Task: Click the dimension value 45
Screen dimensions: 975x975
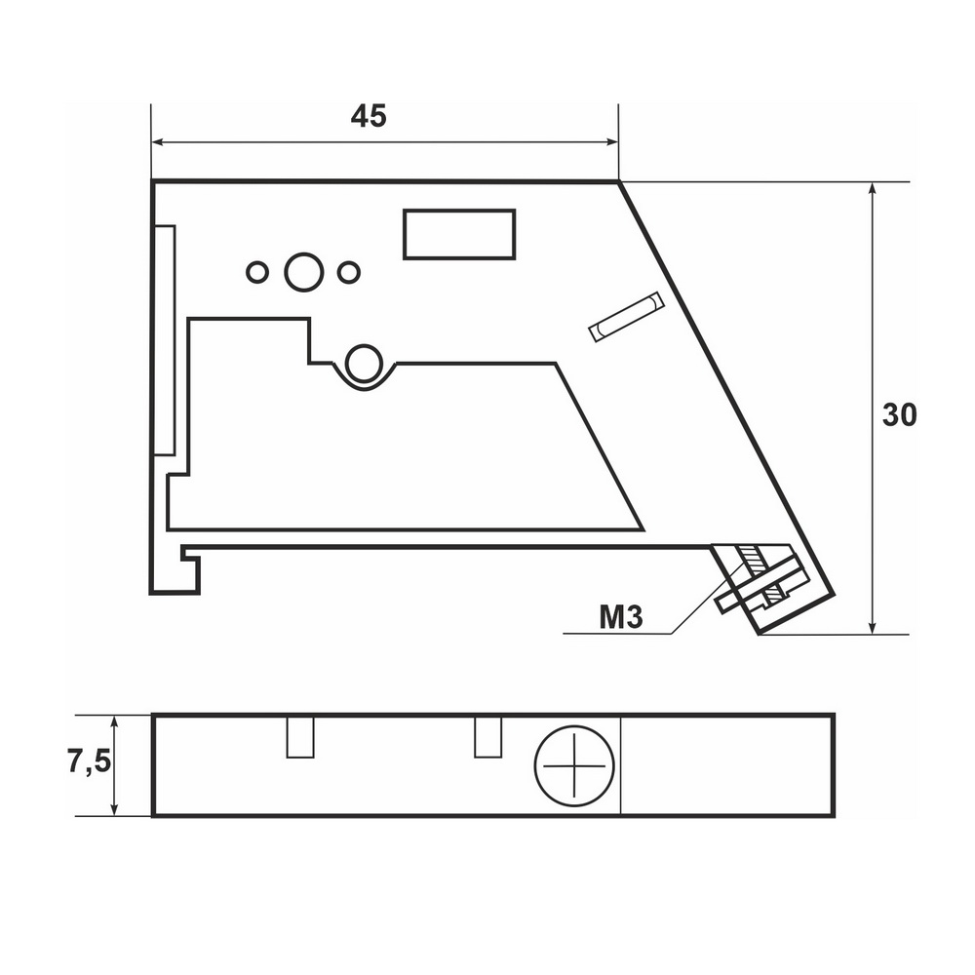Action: coord(369,116)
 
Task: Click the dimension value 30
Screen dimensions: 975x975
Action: coord(899,414)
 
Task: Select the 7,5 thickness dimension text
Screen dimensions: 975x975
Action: coord(90,761)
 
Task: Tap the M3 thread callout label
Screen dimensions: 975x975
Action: coord(620,617)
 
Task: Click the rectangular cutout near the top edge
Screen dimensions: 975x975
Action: coord(459,234)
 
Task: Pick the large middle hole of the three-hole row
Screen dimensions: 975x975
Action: coord(304,272)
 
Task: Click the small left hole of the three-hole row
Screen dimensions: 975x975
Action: coord(257,272)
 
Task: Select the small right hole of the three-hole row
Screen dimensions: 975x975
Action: coord(349,272)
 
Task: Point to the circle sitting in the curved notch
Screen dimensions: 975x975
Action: coord(364,363)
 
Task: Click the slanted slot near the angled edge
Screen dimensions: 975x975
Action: coord(626,316)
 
